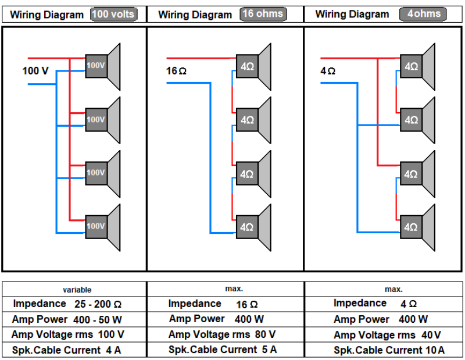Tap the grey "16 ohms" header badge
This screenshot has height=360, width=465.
click(x=263, y=14)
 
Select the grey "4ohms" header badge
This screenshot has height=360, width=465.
click(x=423, y=14)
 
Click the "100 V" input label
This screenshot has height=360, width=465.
click(x=35, y=71)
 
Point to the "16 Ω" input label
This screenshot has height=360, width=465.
click(x=176, y=72)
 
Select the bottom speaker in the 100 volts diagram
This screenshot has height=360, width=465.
click(x=102, y=226)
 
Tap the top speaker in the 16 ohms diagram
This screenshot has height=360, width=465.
click(x=253, y=66)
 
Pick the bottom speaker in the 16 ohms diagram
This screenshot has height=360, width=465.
click(x=253, y=227)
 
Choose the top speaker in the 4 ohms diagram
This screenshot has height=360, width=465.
click(x=417, y=66)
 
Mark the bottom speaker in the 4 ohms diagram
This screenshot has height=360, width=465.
click(x=417, y=227)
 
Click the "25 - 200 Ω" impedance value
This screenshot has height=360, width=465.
click(x=98, y=304)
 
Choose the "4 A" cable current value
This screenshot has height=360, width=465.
click(x=113, y=350)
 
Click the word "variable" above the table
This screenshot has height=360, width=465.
click(x=77, y=290)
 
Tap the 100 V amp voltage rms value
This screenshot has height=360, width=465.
click(x=110, y=334)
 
